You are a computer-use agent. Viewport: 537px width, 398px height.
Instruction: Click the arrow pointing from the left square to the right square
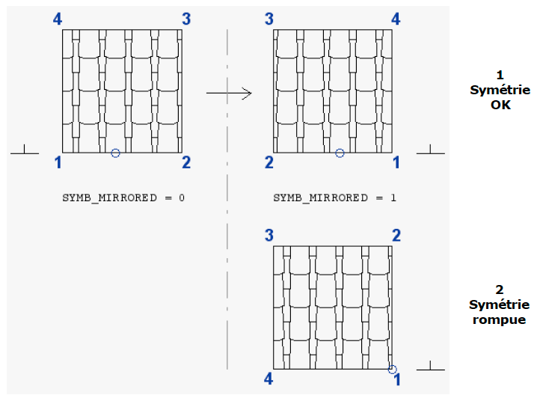coord(229,93)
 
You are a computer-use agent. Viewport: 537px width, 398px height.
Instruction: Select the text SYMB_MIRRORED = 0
coord(124,198)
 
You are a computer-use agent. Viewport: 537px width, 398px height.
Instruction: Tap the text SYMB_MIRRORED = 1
coord(334,198)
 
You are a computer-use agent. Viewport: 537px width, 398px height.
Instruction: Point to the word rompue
coord(500,319)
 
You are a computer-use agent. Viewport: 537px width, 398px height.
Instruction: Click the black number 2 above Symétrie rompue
coord(500,290)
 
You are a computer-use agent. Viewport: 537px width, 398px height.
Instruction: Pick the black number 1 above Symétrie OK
coord(500,75)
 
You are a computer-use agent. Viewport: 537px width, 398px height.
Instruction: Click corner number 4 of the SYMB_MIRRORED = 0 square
coord(58,19)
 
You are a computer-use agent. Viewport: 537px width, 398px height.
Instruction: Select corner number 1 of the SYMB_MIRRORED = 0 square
coord(58,162)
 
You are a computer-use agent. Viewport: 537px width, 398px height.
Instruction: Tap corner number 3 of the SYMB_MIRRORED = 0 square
coord(186,19)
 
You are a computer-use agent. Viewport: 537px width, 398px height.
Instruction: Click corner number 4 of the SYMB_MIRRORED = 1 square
coord(396,19)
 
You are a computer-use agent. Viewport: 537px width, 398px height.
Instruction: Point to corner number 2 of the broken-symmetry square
coord(396,236)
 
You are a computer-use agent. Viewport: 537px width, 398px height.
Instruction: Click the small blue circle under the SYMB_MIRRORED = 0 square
coord(115,153)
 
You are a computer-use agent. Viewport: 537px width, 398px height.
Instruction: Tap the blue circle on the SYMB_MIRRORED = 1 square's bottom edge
coord(340,153)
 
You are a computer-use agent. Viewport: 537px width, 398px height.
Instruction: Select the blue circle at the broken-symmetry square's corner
coord(393,368)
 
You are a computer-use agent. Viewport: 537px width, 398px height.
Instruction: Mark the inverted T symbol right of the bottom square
coord(430,366)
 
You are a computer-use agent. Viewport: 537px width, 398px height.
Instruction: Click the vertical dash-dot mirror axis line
coord(227,224)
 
